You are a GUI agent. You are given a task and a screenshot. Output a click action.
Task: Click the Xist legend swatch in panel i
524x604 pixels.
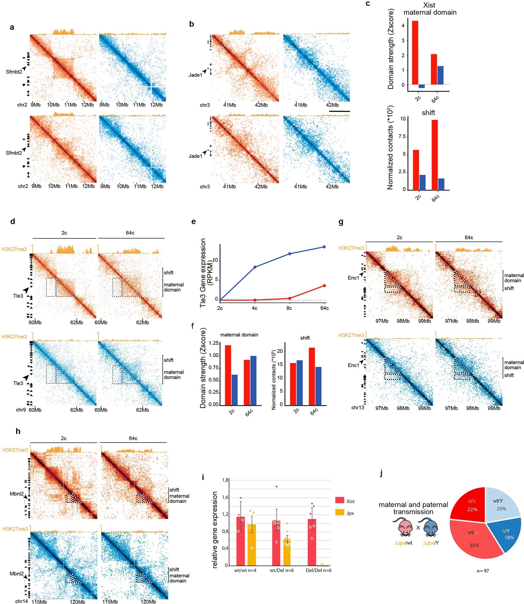pyautogui.click(x=340, y=500)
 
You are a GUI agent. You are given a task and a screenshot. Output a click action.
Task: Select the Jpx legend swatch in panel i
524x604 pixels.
pyautogui.click(x=340, y=513)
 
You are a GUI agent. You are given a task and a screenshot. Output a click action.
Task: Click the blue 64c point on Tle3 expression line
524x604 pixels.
pyautogui.click(x=324, y=247)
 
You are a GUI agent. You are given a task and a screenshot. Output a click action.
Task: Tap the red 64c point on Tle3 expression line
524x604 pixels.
pyautogui.click(x=324, y=286)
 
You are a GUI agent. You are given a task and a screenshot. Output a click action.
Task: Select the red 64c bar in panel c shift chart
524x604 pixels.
pyautogui.click(x=434, y=155)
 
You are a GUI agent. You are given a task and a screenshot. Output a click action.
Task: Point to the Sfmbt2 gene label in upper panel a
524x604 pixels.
pyautogui.click(x=14, y=72)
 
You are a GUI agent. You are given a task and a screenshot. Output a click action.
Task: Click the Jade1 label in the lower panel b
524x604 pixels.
pyautogui.click(x=195, y=156)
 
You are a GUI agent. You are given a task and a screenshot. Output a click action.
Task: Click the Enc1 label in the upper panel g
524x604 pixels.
pyautogui.click(x=353, y=278)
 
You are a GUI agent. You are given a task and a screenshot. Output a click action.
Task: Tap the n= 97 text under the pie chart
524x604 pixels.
pyautogui.click(x=483, y=570)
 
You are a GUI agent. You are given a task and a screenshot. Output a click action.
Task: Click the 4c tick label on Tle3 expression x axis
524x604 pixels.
pyautogui.click(x=254, y=308)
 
